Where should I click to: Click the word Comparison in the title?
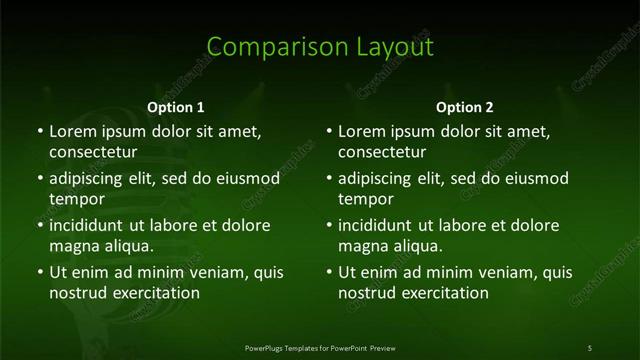coord(265,47)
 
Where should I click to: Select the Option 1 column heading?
coord(176,107)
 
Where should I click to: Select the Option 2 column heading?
coord(465,107)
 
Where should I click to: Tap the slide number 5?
coord(590,347)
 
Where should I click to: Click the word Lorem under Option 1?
coord(72,131)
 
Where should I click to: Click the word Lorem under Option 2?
coord(361,131)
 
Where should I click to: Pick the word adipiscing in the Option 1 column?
coord(91,178)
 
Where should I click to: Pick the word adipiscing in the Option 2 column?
coord(380,178)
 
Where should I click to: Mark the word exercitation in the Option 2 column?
coord(442,293)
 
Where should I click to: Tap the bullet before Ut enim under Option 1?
coord(39,272)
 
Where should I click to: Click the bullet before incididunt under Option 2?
coord(328,225)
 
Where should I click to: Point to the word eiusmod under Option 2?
coord(533,178)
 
